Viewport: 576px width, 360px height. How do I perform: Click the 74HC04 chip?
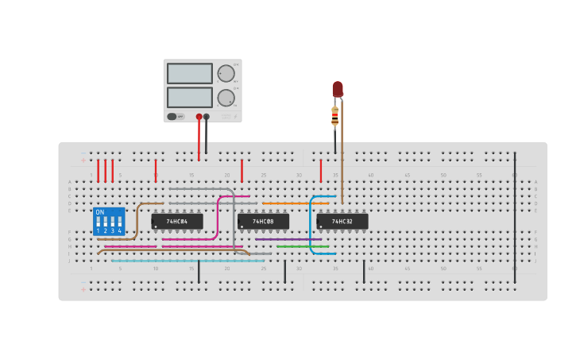176,221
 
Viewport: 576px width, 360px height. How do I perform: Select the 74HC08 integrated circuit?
263,221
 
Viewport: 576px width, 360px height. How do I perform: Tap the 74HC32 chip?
342,221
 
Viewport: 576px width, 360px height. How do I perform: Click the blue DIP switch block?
109,222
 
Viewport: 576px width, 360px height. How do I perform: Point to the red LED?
338,88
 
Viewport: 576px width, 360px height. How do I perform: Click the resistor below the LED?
334,117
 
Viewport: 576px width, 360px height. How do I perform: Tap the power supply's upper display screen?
189,73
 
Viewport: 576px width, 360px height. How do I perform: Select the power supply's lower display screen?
189,97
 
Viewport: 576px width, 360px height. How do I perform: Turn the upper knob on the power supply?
226,73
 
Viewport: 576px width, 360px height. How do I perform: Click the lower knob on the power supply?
226,98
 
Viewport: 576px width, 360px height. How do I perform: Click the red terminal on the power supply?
199,117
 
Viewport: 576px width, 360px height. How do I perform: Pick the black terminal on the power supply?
207,117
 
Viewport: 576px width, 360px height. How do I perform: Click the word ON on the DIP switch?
99,212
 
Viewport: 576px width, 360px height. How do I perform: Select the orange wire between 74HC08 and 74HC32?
294,203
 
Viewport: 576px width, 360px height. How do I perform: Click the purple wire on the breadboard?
288,239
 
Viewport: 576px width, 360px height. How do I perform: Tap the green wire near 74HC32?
302,246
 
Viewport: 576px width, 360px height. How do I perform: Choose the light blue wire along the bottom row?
187,261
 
